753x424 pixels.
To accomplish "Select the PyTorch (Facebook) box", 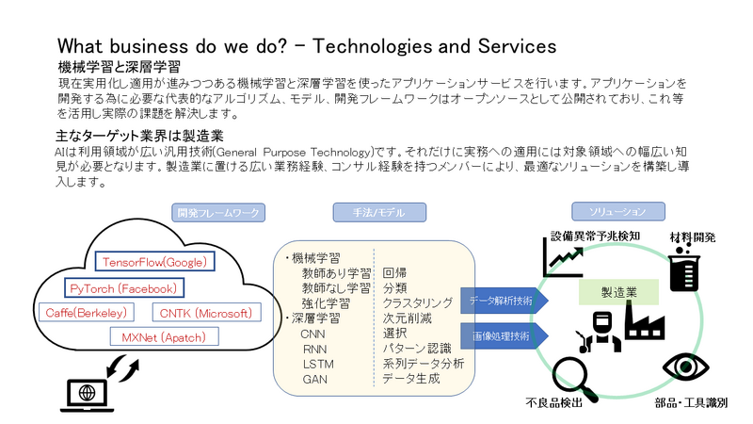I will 123,287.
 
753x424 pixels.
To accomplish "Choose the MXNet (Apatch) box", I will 164,336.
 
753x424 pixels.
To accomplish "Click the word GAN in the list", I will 314,380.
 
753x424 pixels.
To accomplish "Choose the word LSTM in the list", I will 318,364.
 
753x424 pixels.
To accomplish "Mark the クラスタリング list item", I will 418,302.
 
